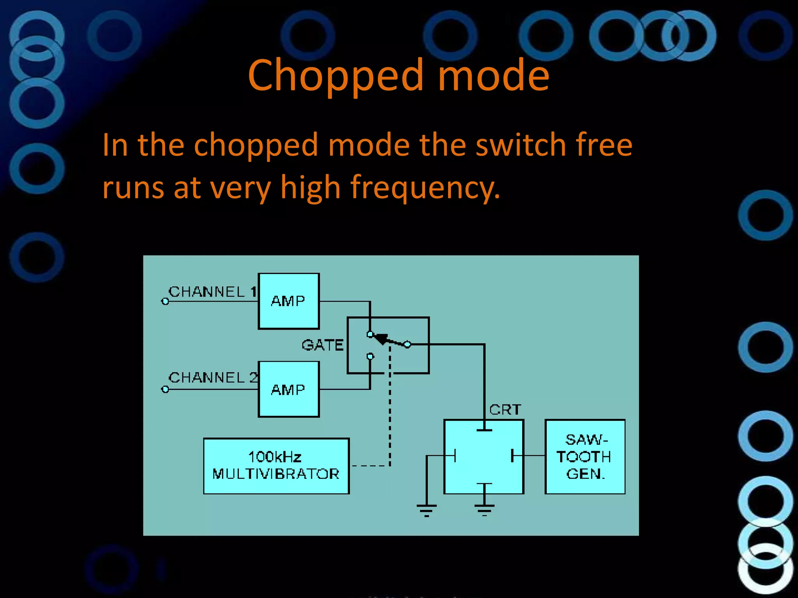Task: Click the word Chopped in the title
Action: pos(335,76)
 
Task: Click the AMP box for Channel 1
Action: pos(289,301)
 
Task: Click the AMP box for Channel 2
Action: pos(289,389)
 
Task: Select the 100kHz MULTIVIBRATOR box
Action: pos(276,466)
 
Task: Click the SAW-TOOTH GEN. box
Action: pos(585,457)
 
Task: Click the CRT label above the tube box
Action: pos(505,410)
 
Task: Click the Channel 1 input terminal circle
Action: pos(165,301)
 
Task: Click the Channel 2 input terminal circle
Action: pos(165,389)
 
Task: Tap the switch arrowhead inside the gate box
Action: pos(382,339)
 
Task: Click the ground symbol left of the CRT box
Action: pos(427,508)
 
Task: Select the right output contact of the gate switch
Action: pos(407,345)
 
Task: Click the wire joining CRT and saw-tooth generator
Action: pos(534,455)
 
